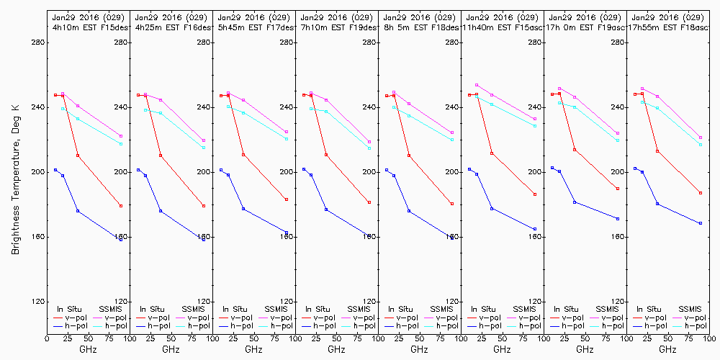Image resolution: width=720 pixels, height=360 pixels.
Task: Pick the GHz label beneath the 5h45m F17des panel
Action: tap(253, 349)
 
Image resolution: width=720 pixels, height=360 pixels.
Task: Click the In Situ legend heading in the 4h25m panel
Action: tap(153, 308)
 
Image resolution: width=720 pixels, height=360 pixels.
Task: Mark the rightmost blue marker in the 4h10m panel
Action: tap(121, 238)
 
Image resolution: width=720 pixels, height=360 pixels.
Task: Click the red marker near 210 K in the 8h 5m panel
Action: tap(409, 156)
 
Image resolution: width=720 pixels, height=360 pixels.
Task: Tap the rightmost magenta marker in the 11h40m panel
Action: tap(535, 119)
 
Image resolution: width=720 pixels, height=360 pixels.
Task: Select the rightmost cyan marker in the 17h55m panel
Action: tap(701, 145)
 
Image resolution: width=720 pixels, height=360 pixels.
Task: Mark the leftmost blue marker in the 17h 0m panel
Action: tap(552, 168)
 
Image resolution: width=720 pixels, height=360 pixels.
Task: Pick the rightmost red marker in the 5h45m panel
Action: tap(287, 199)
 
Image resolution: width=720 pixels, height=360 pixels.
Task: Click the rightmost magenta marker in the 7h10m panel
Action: tap(369, 142)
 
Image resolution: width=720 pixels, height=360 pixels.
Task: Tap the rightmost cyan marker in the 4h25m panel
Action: tap(204, 148)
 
